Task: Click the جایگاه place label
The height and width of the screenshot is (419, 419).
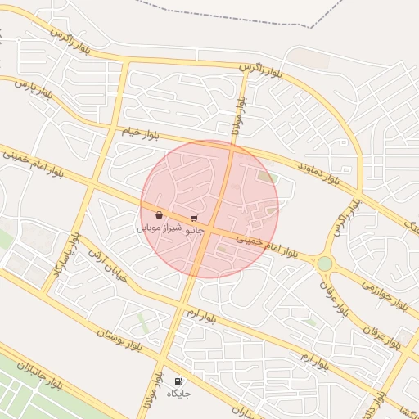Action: [178, 394]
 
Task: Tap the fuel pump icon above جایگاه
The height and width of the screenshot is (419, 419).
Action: [178, 381]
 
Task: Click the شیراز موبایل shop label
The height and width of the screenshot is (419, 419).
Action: [159, 227]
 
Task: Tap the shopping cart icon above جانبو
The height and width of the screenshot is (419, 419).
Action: [194, 219]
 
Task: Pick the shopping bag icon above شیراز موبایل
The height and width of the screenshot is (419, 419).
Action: [159, 215]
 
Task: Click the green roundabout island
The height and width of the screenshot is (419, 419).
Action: [325, 264]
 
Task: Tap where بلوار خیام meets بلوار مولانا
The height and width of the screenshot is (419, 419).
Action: [233, 150]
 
